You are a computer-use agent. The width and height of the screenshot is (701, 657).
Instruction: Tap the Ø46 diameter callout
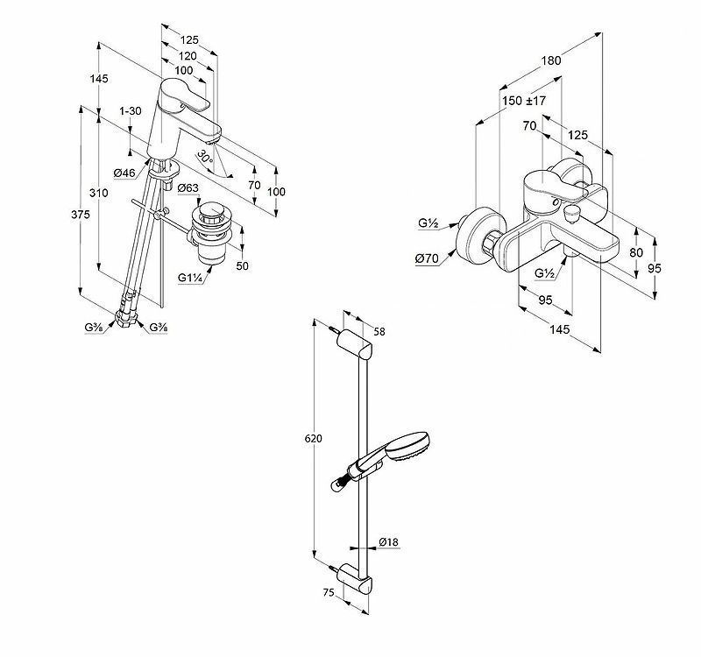tap(124, 173)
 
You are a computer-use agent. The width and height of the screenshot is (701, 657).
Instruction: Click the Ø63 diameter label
tap(188, 188)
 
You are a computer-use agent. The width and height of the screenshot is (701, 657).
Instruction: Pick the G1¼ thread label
tap(190, 279)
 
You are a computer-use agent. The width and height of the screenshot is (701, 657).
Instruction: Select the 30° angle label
tap(204, 157)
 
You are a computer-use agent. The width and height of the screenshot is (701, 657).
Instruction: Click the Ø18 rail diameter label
tap(390, 543)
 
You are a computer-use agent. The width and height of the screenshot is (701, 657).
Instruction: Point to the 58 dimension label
tap(379, 332)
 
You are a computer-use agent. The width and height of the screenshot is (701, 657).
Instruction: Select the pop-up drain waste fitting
tap(210, 233)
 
